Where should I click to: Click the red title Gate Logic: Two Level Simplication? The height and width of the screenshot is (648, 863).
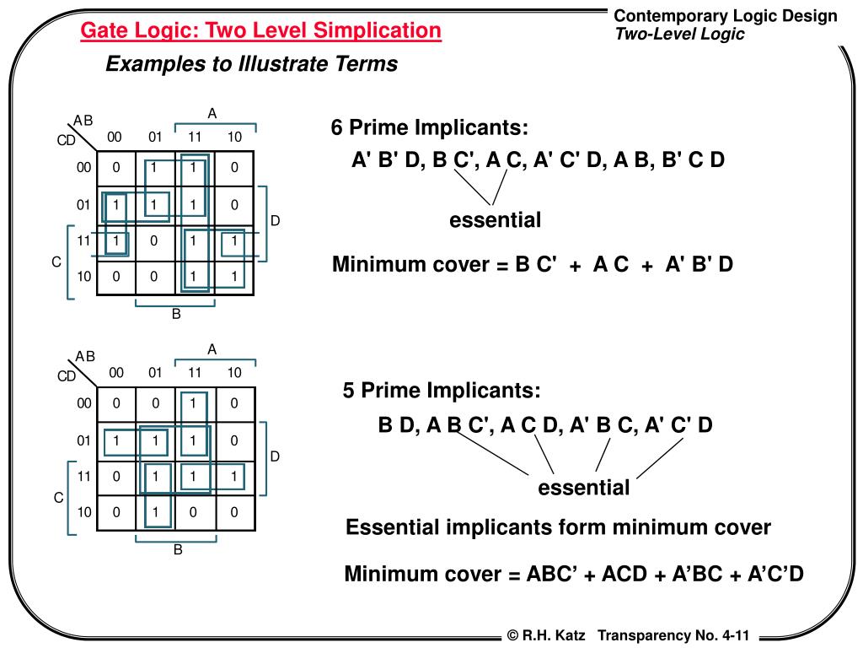click(x=260, y=31)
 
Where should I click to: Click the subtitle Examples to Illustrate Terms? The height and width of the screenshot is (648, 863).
click(x=251, y=64)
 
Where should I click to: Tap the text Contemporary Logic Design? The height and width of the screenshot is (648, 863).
click(x=725, y=15)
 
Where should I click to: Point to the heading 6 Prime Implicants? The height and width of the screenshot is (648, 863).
click(x=430, y=128)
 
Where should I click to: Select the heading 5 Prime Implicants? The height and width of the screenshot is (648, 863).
click(x=441, y=391)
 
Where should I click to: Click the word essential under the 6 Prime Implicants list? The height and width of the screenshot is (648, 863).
click(x=495, y=220)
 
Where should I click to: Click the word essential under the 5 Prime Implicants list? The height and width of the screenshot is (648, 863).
click(x=584, y=488)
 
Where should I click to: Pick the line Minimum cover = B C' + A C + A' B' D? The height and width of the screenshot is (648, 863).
click(x=533, y=265)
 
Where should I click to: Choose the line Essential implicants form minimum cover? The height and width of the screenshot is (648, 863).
click(x=558, y=528)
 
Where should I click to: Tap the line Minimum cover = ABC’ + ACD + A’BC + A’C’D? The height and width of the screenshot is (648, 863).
click(x=574, y=575)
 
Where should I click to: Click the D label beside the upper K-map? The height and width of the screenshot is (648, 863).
click(x=275, y=221)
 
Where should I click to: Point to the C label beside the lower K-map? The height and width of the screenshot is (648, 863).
click(x=58, y=498)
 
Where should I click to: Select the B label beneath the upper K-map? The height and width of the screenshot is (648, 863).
click(x=177, y=315)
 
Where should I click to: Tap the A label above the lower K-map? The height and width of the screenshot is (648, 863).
click(x=212, y=349)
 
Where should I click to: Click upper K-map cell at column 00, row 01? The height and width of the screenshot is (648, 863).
click(x=116, y=204)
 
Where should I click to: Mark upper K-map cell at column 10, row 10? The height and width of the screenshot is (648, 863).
click(x=234, y=276)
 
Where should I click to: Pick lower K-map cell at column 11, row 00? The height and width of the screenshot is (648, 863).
click(x=193, y=403)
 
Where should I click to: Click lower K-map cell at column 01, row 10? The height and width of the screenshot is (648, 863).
click(x=155, y=511)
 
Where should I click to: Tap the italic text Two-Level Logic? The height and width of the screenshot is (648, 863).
click(x=679, y=35)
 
